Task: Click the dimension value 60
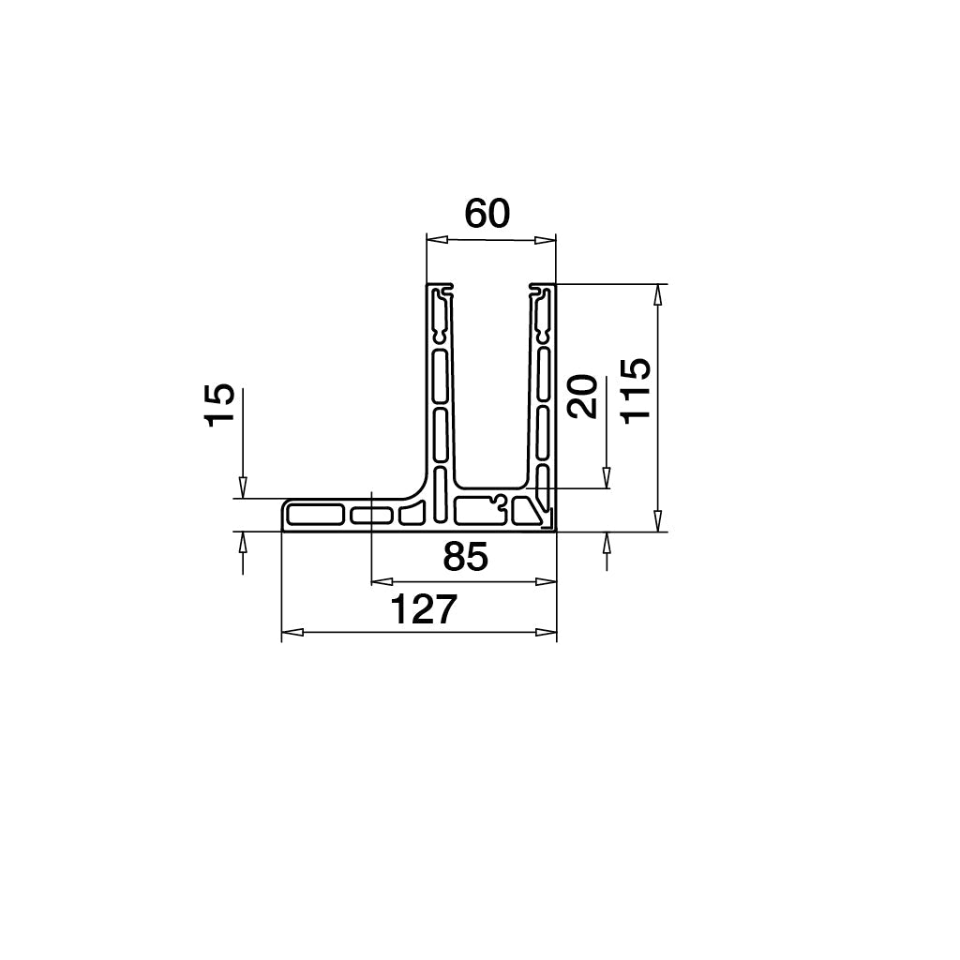tap(487, 215)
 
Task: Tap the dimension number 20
tap(583, 396)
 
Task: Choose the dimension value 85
tap(465, 558)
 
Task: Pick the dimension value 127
tap(423, 610)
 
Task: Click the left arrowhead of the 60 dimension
tap(436, 240)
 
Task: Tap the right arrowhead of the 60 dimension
tap(546, 240)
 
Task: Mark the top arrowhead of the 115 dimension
tap(658, 293)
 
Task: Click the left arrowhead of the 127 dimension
tap(292, 633)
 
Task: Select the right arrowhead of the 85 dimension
tap(546, 581)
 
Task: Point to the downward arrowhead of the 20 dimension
tap(607, 478)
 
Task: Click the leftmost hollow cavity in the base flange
tap(315, 515)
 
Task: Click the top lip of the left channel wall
tap(440, 286)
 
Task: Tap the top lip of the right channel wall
tap(543, 286)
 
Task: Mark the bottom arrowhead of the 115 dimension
tap(658, 522)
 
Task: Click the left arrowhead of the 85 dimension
tap(382, 581)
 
